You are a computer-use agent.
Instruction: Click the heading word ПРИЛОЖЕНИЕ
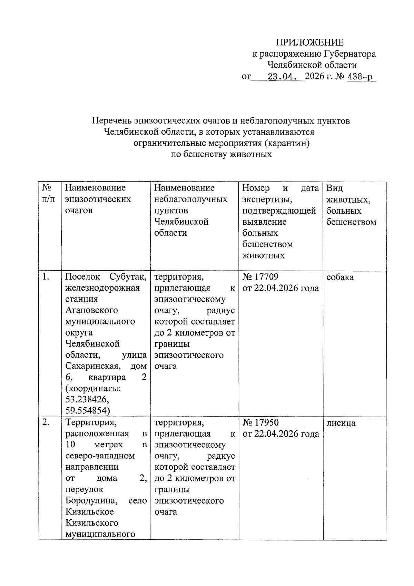pos(309,42)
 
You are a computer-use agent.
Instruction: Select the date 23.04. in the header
pos(282,76)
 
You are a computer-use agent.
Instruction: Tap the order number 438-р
pos(361,76)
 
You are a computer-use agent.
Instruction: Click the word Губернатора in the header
pos(349,54)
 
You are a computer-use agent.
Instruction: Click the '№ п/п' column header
pos(48,193)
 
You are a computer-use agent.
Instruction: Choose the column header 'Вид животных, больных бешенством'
pos(351,205)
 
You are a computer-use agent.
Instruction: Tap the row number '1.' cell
pos(46,277)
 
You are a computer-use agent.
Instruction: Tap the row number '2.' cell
pos(47,422)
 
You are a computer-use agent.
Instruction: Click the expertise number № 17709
pos(260,277)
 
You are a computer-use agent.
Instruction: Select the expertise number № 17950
pos(260,422)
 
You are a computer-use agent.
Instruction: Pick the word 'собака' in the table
pos(340,277)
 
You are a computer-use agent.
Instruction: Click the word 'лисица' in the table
pos(341,423)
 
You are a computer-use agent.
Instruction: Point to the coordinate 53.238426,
pos(87,400)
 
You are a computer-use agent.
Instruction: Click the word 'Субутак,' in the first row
pos(128,277)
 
